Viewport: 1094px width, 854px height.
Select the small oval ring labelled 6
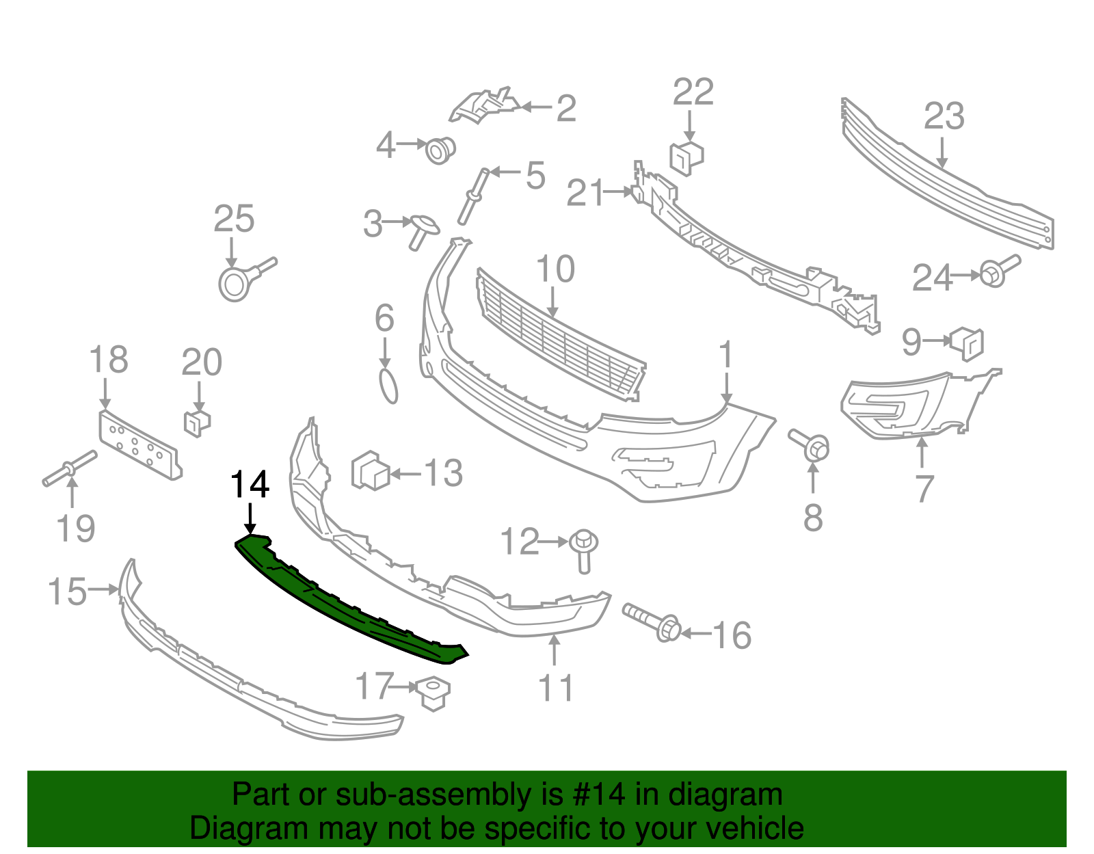[x=388, y=386]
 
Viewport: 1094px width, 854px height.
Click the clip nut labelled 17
[x=433, y=693]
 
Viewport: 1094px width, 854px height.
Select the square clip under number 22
[x=686, y=158]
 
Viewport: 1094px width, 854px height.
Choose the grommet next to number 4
[x=440, y=150]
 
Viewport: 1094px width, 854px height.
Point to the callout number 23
[x=944, y=116]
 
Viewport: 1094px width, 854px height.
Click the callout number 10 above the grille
[x=555, y=269]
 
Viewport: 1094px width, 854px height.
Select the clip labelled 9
[x=967, y=344]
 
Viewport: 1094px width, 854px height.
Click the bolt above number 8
[x=810, y=445]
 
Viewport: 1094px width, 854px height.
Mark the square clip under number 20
[x=198, y=423]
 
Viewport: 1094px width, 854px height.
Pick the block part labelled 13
[x=370, y=470]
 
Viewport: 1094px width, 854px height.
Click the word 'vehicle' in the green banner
[x=746, y=828]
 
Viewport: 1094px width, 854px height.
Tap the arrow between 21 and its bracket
[x=617, y=191]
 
